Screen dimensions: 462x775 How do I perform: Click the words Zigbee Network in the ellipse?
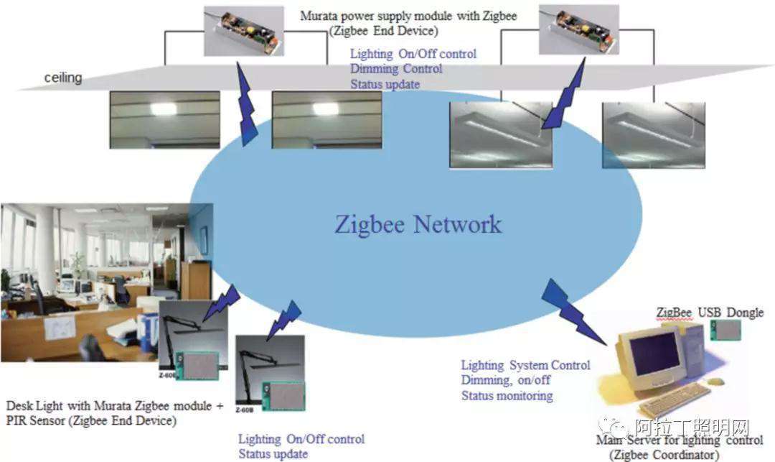point(418,223)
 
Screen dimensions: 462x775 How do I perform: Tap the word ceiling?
point(63,78)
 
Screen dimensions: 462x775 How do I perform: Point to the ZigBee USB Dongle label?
point(710,313)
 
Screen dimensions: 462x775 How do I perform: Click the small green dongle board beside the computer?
point(725,329)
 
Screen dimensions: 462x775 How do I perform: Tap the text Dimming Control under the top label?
point(396,69)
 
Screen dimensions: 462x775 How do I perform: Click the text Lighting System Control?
point(525,365)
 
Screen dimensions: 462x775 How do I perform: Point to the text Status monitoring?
point(507,395)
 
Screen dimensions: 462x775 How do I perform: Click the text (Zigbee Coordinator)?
point(663,455)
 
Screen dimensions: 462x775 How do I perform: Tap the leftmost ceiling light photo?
point(164,119)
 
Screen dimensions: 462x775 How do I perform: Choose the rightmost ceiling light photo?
point(653,134)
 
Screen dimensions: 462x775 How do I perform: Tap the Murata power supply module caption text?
point(409,15)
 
